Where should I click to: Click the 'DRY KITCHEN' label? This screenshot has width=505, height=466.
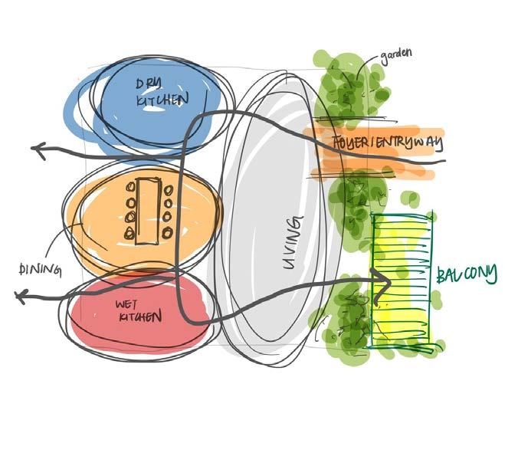[162, 91]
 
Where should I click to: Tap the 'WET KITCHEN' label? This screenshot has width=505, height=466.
[138, 310]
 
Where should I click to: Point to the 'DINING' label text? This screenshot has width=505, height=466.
[38, 268]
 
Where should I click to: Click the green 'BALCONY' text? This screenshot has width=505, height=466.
[467, 274]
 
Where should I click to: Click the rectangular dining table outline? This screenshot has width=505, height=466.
[147, 211]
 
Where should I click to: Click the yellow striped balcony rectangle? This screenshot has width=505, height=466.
[402, 253]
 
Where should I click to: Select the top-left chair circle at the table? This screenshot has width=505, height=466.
[130, 189]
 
